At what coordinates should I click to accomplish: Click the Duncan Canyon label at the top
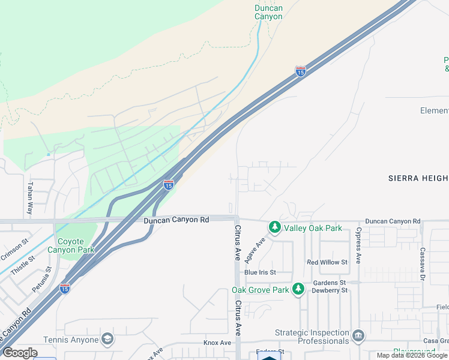(x=268, y=12)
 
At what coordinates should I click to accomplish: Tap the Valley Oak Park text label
(x=313, y=228)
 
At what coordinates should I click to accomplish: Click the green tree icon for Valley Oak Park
(x=275, y=227)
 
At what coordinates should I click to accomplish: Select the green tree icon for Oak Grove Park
(x=298, y=290)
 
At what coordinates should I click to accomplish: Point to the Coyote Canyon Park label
(x=76, y=245)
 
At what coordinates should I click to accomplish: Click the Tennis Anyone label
(x=70, y=340)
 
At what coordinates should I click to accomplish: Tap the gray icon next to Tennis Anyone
(x=107, y=340)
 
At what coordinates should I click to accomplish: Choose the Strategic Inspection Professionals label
(x=312, y=337)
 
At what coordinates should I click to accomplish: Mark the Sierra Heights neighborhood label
(x=418, y=178)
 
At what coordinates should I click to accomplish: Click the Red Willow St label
(x=327, y=262)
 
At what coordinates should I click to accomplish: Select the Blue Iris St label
(x=260, y=272)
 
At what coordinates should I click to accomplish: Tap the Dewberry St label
(x=330, y=290)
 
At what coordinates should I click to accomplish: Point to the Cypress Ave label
(x=358, y=245)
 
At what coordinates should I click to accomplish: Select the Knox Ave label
(x=217, y=343)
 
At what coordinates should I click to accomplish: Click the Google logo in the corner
(x=20, y=352)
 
